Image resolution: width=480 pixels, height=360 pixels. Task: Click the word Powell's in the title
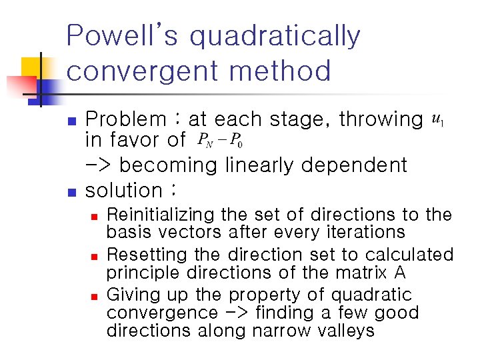click(123, 36)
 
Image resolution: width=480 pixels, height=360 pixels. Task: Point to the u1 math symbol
click(438, 120)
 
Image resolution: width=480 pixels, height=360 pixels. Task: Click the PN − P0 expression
click(221, 141)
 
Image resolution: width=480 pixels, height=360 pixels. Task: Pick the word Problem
click(127, 120)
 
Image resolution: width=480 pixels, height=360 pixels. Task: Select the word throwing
click(381, 121)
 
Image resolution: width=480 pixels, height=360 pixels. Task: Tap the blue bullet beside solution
click(73, 193)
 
